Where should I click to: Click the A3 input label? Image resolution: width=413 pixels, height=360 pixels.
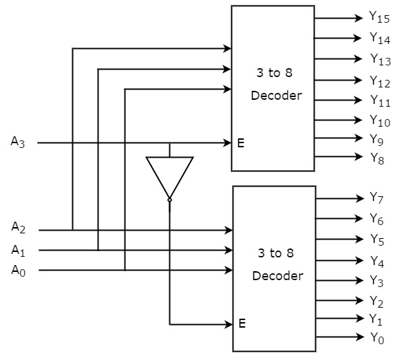[x=18, y=142]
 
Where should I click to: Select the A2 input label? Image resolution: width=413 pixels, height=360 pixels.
[x=18, y=226]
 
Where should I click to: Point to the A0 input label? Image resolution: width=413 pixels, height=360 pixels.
[x=18, y=270]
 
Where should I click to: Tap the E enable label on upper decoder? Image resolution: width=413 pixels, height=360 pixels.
[x=241, y=143]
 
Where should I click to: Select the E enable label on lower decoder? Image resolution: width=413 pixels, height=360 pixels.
[x=242, y=323]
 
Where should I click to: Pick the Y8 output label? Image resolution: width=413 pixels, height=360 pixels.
[x=377, y=158]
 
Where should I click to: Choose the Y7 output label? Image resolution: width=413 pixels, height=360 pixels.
[x=377, y=198]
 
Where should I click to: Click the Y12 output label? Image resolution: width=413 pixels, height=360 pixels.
[x=380, y=83]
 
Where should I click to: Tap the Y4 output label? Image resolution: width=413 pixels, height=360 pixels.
[x=377, y=261]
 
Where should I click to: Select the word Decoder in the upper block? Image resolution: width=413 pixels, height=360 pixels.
[x=277, y=96]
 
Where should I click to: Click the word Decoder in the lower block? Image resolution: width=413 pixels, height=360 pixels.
[x=277, y=276]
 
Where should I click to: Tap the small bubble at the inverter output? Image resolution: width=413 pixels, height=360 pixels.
[x=169, y=200]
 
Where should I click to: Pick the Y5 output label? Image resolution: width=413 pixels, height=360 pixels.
[x=377, y=240]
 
